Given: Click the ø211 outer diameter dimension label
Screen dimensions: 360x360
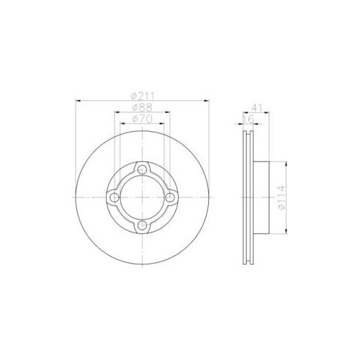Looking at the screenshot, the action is (143, 96).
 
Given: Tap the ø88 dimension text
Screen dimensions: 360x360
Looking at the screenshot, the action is (143, 107).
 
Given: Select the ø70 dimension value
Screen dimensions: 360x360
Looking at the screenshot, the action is (143, 119).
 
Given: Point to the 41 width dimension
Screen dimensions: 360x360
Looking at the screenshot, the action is (257, 108).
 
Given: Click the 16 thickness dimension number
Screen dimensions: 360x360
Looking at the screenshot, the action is (248, 120).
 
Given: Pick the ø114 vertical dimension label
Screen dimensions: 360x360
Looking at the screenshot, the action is (282, 198).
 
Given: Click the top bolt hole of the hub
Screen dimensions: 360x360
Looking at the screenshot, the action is (143, 170).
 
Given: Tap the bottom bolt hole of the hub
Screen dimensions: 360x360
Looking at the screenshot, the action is (143, 225).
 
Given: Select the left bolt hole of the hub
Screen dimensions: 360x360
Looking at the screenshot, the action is (114, 197).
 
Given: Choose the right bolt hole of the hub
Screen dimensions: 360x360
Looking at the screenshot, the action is (170, 197).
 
